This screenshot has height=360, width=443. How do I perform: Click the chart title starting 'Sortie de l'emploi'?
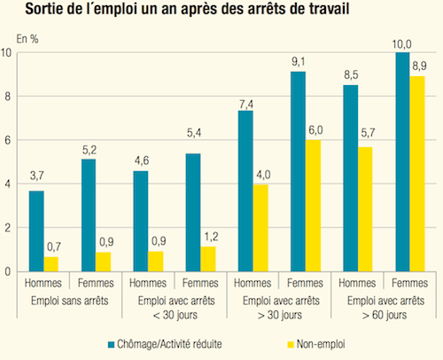point(199,12)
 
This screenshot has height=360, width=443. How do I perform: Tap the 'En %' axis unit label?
point(27,40)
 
